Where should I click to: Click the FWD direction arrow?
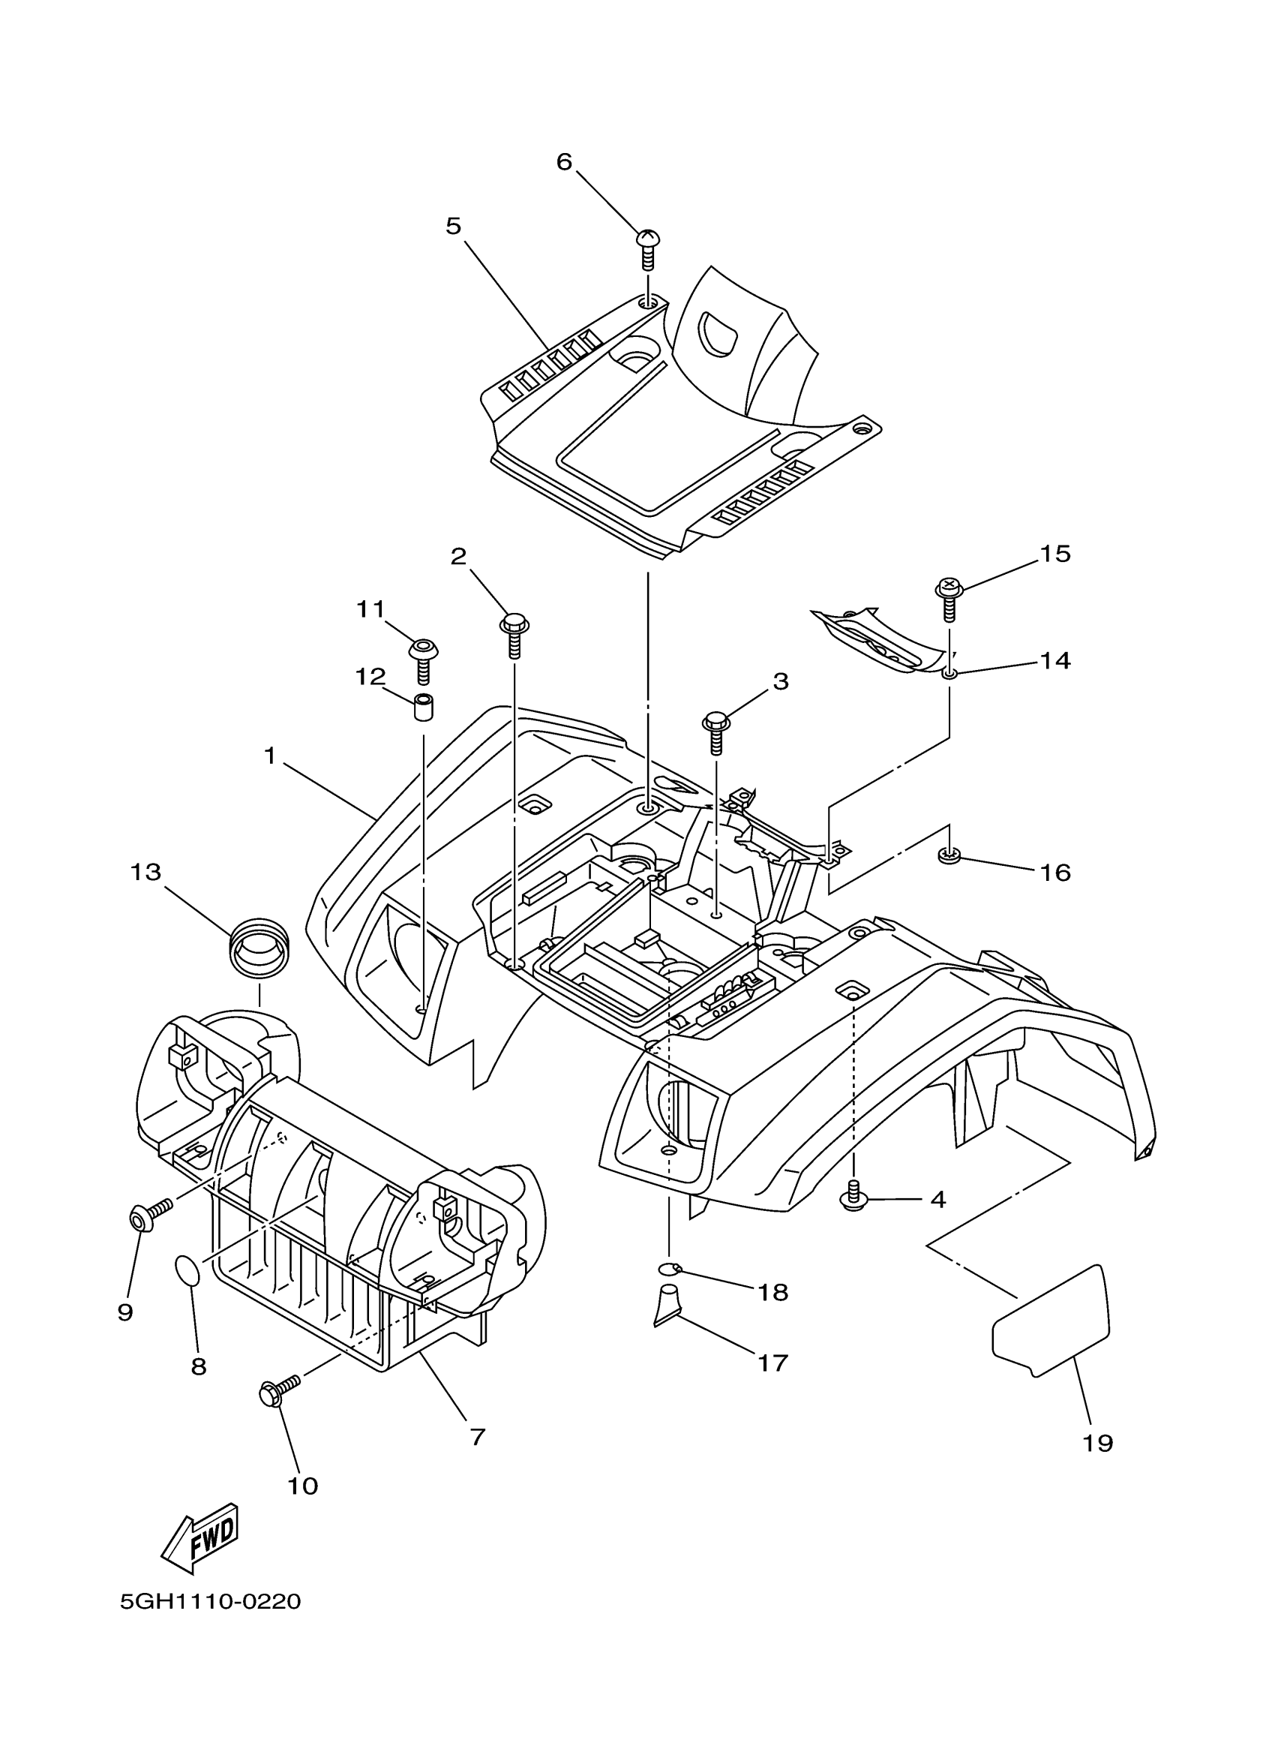199,1534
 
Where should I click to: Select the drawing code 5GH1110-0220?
210,1602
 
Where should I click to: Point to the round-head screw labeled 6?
648,248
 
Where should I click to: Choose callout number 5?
453,226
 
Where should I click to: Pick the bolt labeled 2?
514,634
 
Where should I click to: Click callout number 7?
478,1436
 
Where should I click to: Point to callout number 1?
270,756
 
